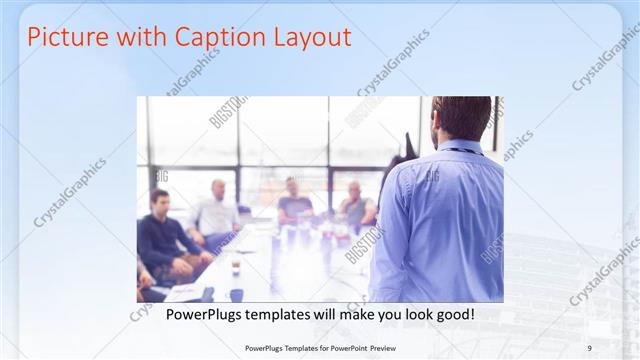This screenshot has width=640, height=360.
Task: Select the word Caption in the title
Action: [x=219, y=38]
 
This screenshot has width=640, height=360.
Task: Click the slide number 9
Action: [x=589, y=348]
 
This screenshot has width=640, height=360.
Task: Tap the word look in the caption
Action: [x=412, y=315]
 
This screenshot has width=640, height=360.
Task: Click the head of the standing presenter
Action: [x=462, y=118]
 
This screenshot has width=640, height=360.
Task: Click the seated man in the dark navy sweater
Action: [x=165, y=240]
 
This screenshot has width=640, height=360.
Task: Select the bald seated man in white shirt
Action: [x=217, y=210]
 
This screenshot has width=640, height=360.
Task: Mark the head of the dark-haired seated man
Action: [x=159, y=198]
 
